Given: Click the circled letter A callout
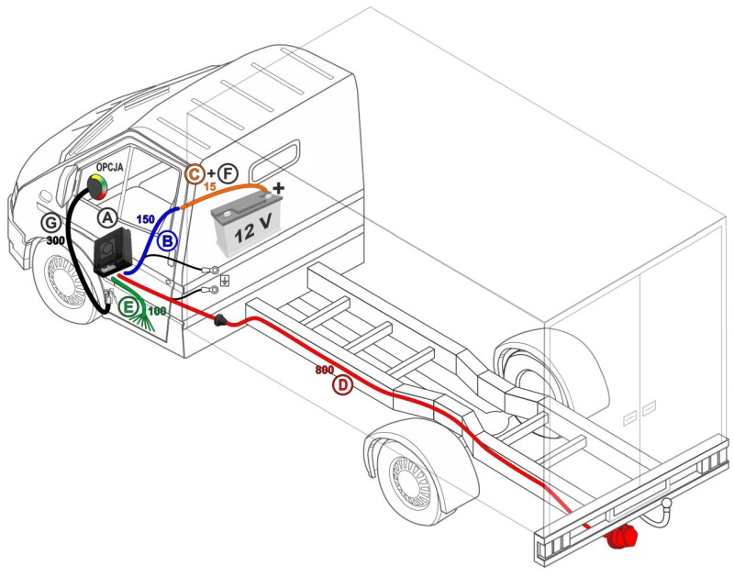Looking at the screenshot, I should (108, 217).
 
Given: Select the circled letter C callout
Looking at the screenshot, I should (195, 172).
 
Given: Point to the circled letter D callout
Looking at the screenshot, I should (341, 385).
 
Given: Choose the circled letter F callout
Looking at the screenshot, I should (228, 172).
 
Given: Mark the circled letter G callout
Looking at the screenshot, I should (53, 221).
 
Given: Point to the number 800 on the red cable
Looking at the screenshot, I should (324, 370).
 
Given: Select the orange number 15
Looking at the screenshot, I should (209, 187).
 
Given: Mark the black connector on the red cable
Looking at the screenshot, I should (222, 320).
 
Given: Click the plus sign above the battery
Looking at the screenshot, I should (279, 188).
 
